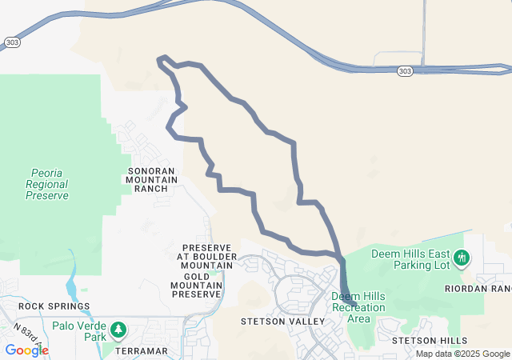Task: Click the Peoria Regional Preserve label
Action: (50, 183)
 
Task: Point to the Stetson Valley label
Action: (282, 321)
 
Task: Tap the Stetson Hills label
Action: (430, 340)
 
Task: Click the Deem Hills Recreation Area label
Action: (358, 307)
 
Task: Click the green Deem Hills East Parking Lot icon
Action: (461, 258)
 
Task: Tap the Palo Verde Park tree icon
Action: (118, 329)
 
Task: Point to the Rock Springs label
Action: (54, 306)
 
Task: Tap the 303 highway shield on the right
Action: (406, 71)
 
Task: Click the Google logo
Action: (26, 350)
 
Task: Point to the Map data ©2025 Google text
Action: (462, 354)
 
